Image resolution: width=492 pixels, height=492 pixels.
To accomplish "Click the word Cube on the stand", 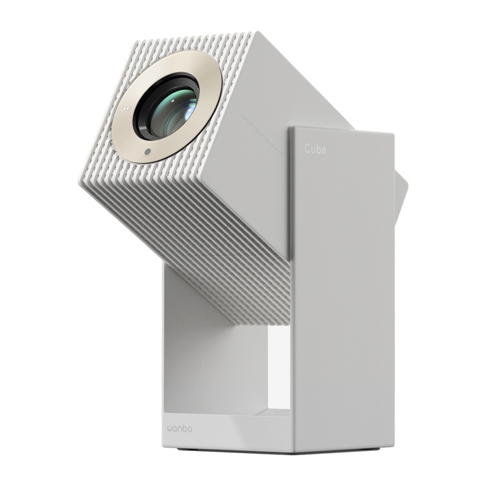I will coord(315,149).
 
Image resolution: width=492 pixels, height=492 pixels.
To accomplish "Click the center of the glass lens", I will coord(168,105).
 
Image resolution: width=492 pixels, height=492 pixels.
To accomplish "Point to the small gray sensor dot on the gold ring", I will coord(147,151).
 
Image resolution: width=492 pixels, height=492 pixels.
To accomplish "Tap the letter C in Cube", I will coord(307,149).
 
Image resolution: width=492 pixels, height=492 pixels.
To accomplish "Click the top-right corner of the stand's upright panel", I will coord(392,134).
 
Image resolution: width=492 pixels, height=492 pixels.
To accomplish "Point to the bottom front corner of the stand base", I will coord(293,452).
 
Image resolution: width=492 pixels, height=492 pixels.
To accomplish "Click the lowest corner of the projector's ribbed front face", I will coord(81,185).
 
